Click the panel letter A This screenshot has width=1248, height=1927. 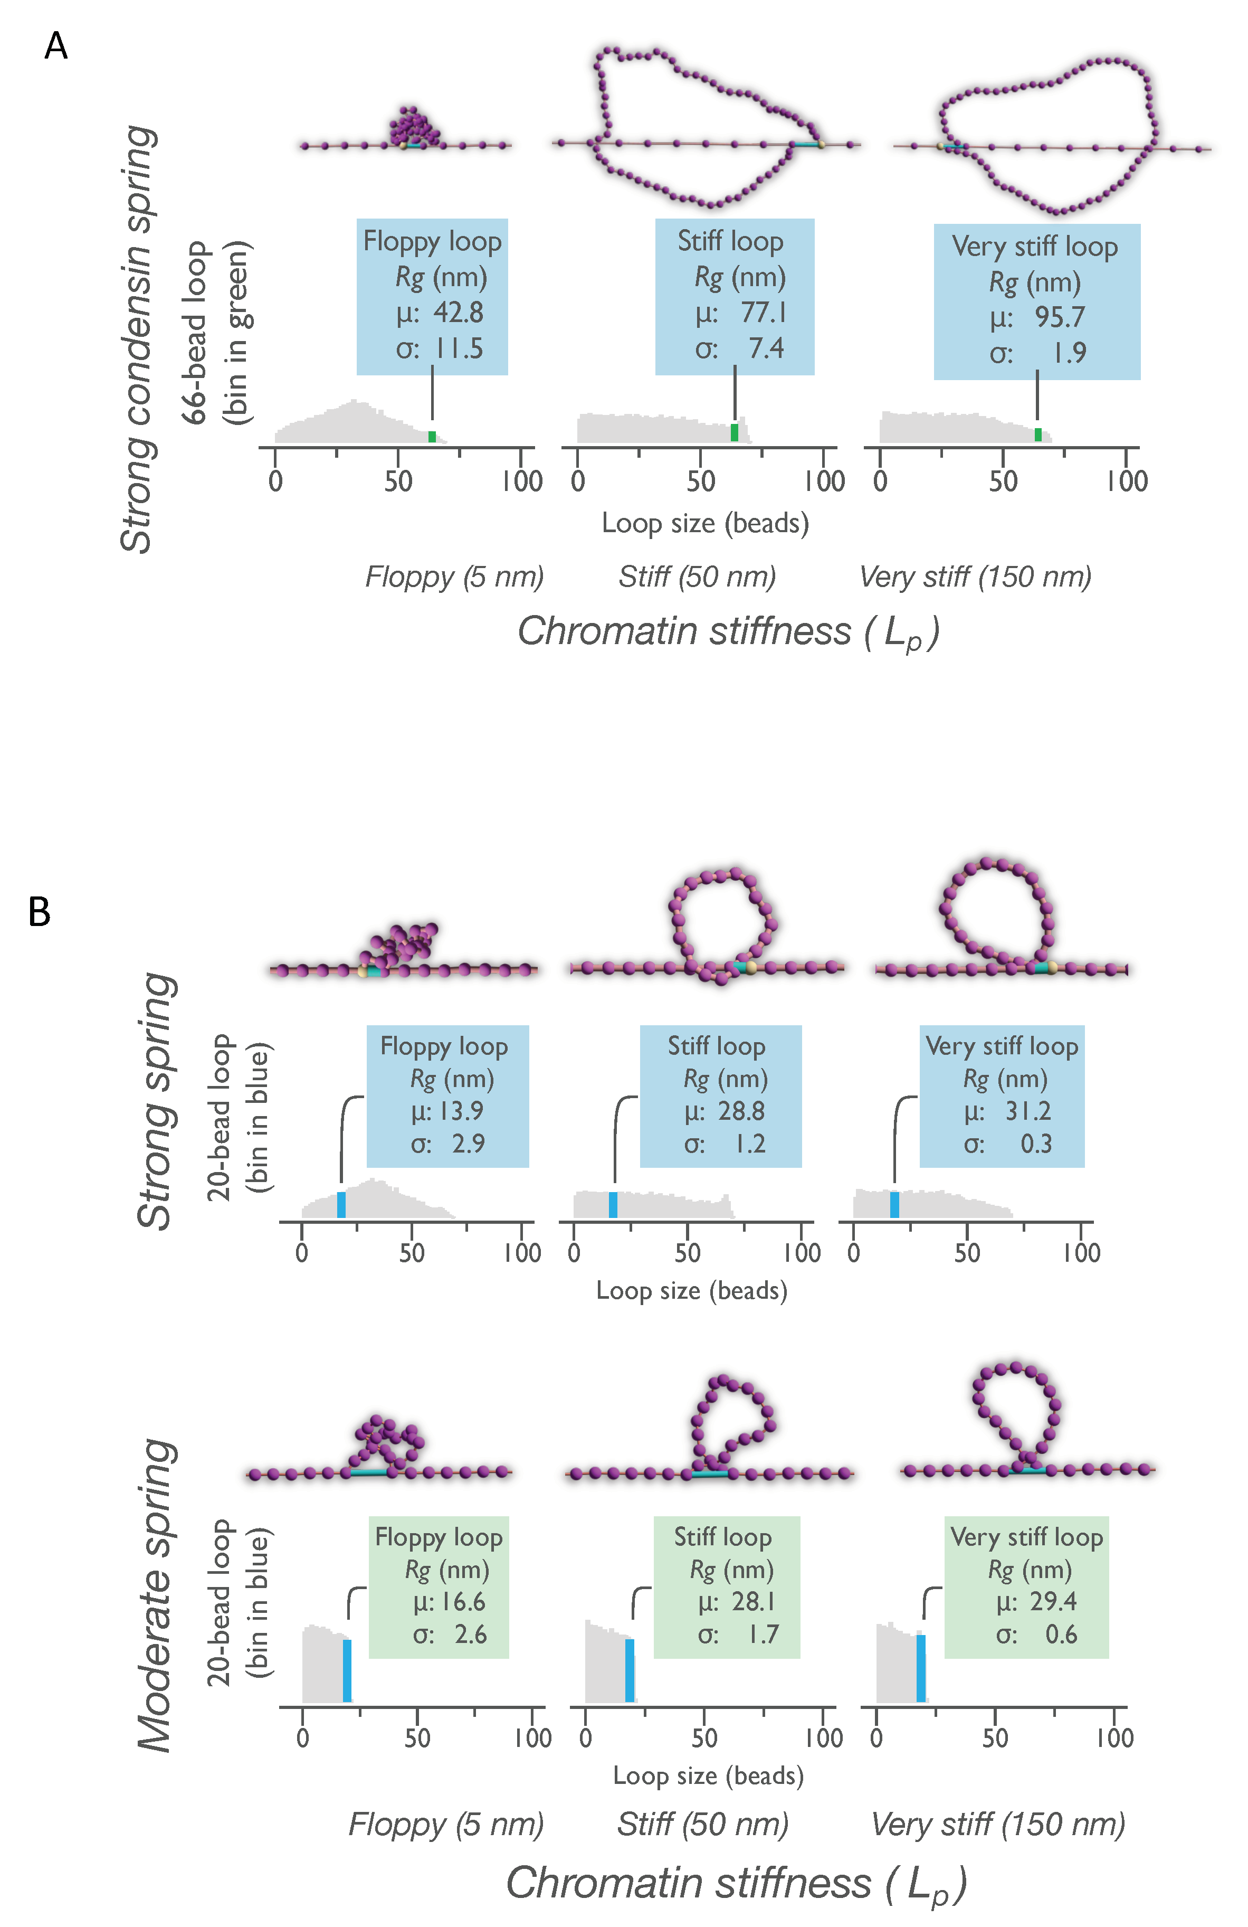pyautogui.click(x=55, y=46)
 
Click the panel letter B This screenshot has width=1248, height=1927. pyautogui.click(x=39, y=912)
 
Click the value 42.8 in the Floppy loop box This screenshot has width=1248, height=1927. pyautogui.click(x=458, y=313)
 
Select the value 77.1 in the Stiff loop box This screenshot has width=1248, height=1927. pyautogui.click(x=763, y=313)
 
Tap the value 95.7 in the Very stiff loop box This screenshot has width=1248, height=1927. pyautogui.click(x=1060, y=317)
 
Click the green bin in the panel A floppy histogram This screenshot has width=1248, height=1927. pyautogui.click(x=432, y=437)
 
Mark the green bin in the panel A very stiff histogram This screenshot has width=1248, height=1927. pyautogui.click(x=1037, y=435)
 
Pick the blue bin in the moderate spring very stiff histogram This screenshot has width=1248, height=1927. pyautogui.click(x=920, y=1668)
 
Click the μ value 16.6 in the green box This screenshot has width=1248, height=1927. pyautogui.click(x=461, y=1601)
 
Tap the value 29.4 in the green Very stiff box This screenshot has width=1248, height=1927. pyautogui.click(x=1053, y=1601)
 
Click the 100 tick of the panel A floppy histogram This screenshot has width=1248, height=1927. pyautogui.click(x=521, y=481)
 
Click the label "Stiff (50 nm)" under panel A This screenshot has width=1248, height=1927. pyautogui.click(x=697, y=577)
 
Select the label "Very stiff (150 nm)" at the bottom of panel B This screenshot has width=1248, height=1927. pyautogui.click(x=997, y=1824)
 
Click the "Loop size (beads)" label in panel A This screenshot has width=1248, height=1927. pyautogui.click(x=705, y=523)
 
